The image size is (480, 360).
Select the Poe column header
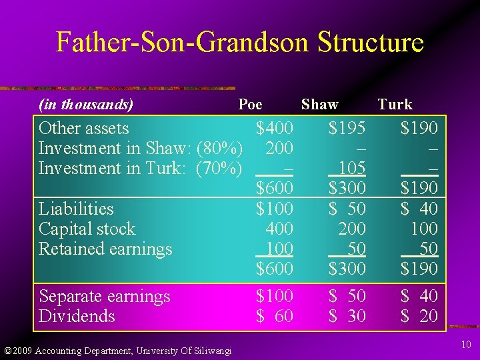coord(251,104)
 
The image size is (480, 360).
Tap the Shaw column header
coord(320,104)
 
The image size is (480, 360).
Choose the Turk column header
coord(395,104)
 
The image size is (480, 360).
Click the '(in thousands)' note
coord(86,104)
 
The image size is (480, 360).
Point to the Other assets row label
coord(84,128)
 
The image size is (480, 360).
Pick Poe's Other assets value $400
coord(275,128)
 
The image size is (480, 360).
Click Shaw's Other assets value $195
coord(347,128)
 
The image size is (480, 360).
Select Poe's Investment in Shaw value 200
coord(279,148)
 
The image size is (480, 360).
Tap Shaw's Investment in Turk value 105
coord(351,168)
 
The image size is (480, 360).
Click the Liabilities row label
coord(76,209)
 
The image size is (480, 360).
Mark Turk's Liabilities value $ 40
coord(419,209)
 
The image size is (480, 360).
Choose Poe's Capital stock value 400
coord(279,229)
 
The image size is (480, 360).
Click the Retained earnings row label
coord(105,249)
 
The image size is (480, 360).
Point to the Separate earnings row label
coord(105,296)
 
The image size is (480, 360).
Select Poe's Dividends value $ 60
coord(275,316)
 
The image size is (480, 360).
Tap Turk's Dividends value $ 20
coord(419,316)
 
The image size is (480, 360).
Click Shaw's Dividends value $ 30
coord(347,316)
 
